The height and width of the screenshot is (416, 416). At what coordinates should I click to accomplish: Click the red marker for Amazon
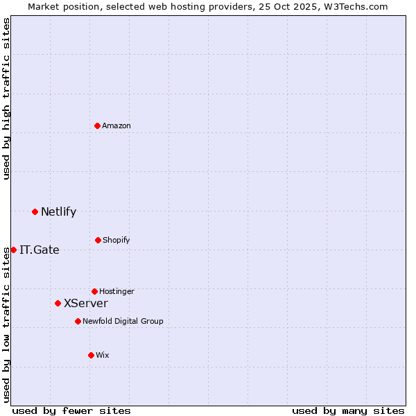[97, 125]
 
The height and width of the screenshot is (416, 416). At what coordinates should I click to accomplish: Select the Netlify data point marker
[35, 211]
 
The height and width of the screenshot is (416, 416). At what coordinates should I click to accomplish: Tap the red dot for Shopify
[98, 240]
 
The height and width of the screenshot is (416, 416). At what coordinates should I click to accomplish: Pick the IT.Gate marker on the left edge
[13, 250]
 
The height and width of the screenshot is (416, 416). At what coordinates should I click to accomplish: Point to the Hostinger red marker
[94, 291]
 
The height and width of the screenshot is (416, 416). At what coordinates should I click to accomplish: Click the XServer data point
[58, 303]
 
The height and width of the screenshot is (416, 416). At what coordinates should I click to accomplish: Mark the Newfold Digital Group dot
[78, 321]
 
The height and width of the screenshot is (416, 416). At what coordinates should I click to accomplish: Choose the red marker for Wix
[91, 355]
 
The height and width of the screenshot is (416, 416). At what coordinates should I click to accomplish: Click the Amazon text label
[116, 125]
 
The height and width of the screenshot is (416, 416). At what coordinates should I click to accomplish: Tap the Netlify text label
[58, 211]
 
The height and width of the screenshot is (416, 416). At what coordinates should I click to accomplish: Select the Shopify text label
[116, 240]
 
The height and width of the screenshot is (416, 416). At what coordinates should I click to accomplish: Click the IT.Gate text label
[40, 250]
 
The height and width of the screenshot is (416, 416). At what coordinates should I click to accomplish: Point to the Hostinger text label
[116, 291]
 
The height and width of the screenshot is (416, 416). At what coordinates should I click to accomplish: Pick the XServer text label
[86, 303]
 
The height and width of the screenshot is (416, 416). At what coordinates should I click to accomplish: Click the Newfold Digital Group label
[123, 321]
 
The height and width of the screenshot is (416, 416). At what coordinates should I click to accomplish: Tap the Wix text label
[103, 355]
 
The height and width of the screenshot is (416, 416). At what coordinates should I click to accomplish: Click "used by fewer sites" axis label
[71, 410]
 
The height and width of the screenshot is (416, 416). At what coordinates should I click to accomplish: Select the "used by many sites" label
[348, 410]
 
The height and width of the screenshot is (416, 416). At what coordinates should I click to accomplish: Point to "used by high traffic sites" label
[6, 98]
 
